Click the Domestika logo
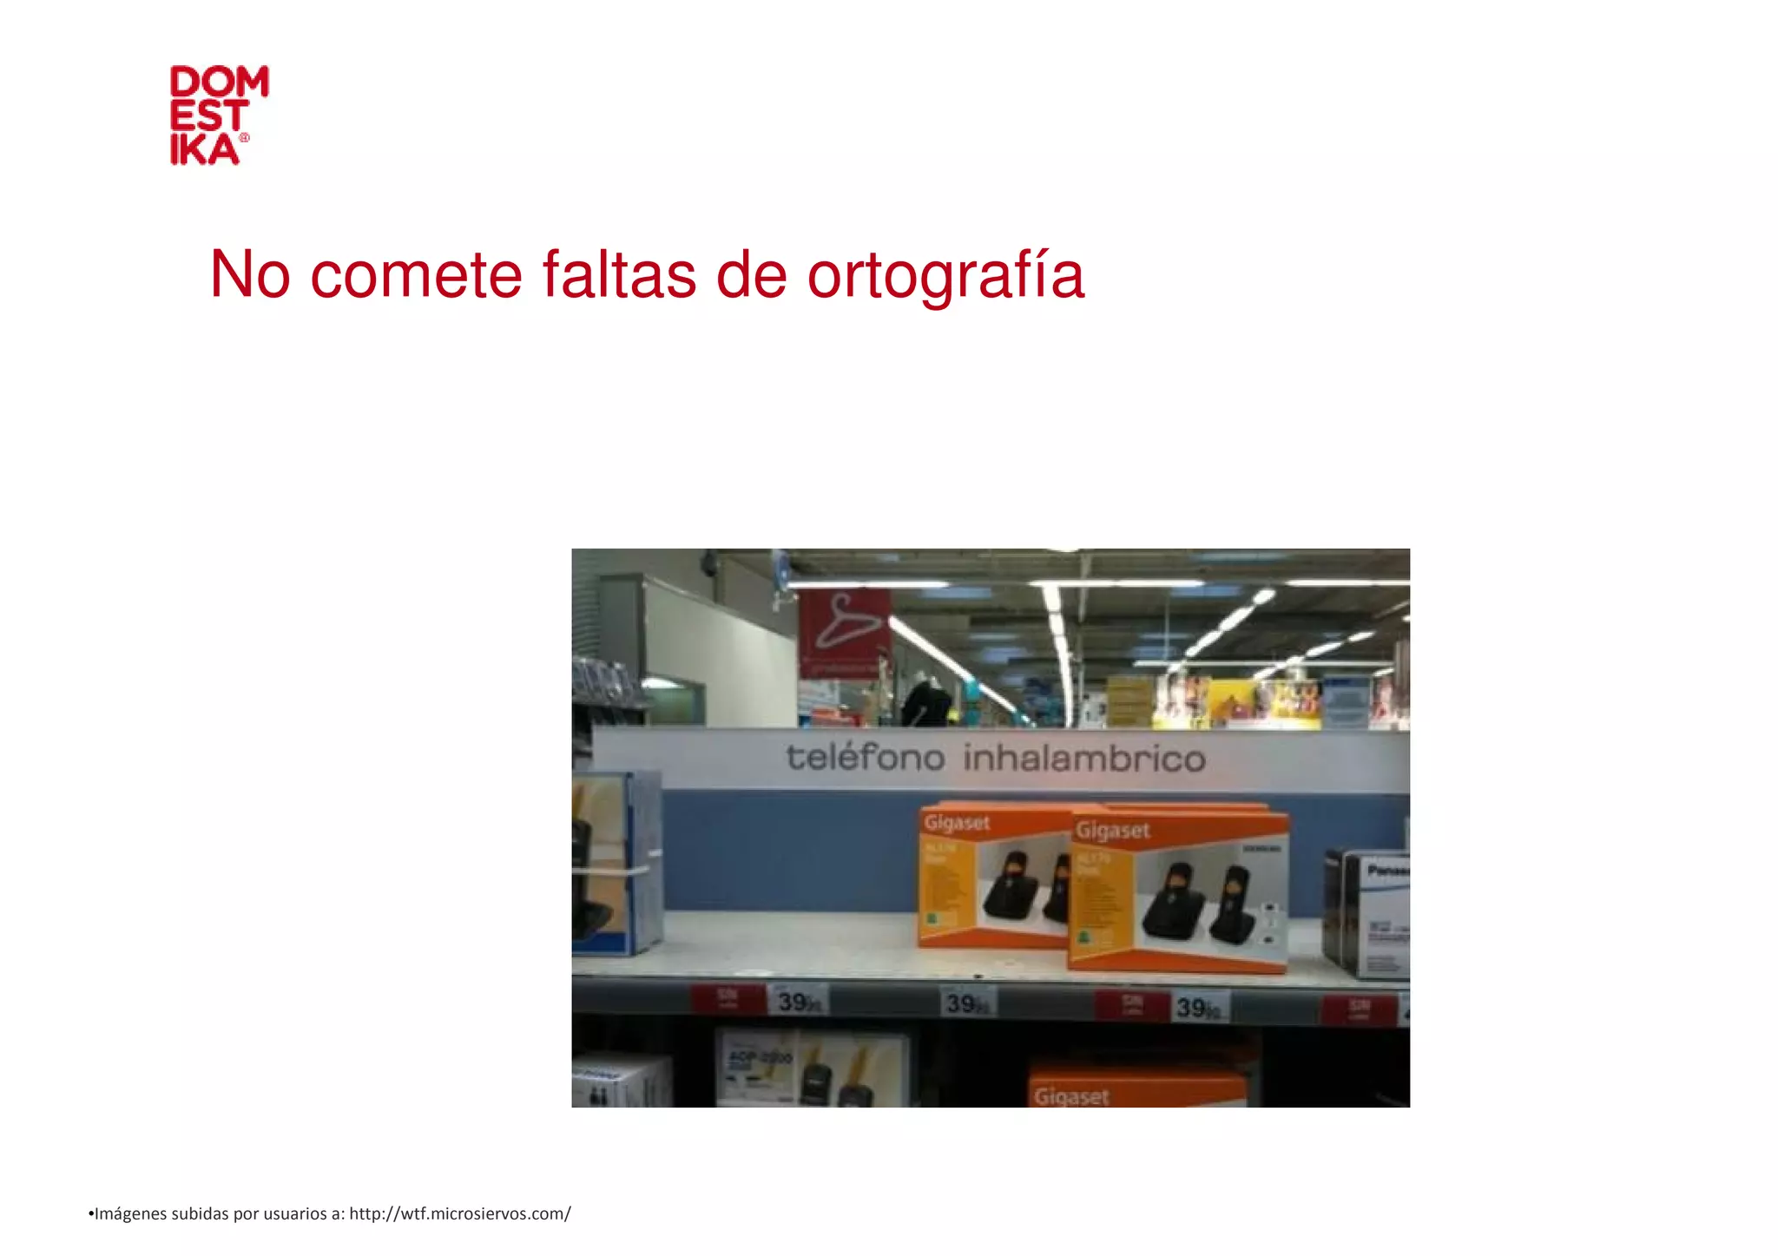(218, 115)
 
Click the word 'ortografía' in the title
(945, 276)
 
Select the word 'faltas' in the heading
(619, 276)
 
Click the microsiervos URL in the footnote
(459, 1213)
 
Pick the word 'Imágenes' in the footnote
(130, 1213)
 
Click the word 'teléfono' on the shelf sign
(865, 758)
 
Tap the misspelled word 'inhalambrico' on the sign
(1083, 760)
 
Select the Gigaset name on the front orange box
(1112, 831)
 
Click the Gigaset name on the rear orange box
(956, 822)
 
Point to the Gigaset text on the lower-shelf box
(1071, 1096)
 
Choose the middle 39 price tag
(966, 1004)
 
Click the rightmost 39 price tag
(1199, 1008)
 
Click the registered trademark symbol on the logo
(244, 138)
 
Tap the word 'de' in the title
(751, 276)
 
